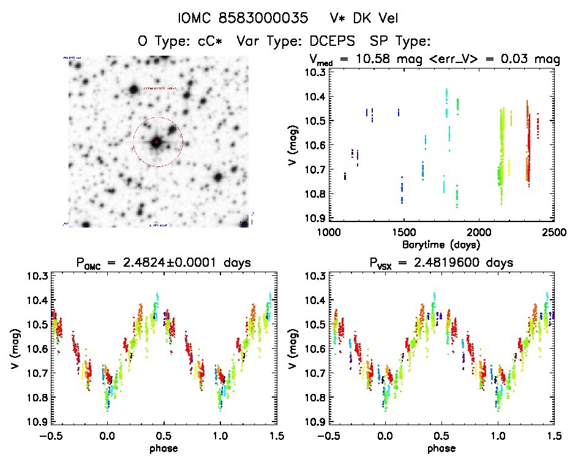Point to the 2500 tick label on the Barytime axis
click(540, 233)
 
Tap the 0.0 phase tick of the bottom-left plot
click(107, 436)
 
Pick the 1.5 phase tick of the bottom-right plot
click(552, 436)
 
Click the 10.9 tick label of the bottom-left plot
click(36, 422)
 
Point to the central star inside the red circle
click(157, 142)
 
